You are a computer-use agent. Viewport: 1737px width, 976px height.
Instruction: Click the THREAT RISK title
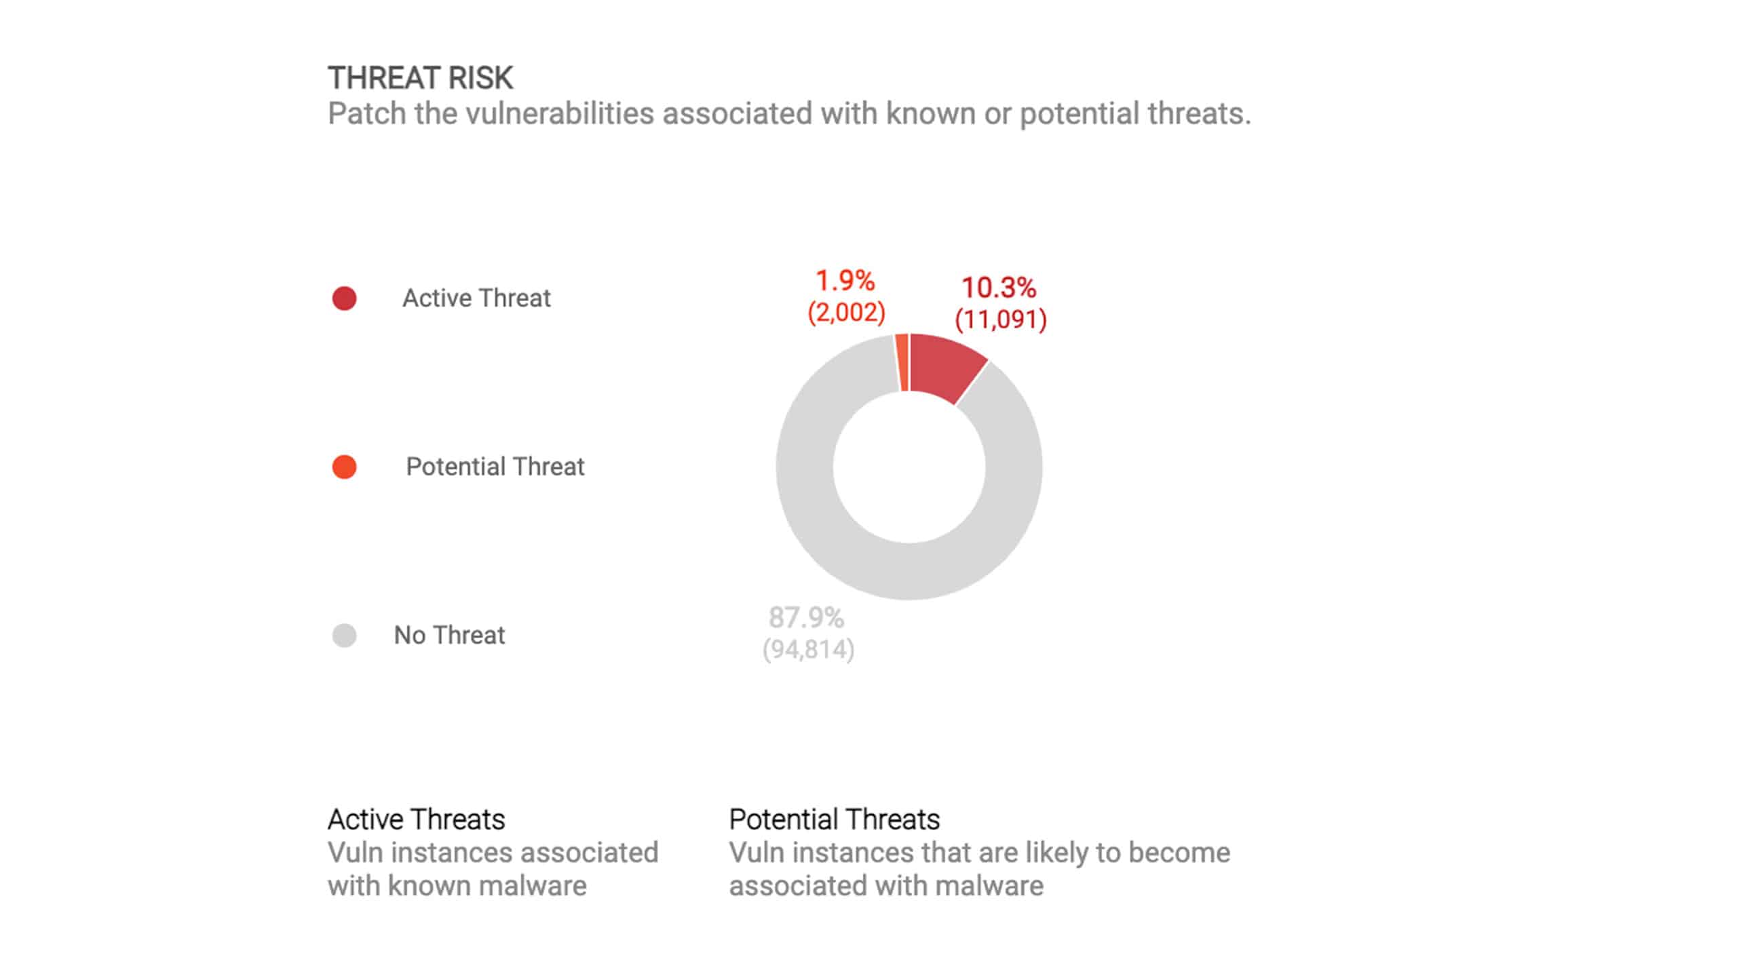pos(420,78)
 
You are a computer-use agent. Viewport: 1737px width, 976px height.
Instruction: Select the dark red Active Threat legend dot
pos(344,298)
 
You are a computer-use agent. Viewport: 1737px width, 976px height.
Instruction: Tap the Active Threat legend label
pos(476,298)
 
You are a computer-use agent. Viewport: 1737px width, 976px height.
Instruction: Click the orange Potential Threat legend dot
pos(344,467)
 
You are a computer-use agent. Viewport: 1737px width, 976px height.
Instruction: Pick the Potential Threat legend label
pos(495,467)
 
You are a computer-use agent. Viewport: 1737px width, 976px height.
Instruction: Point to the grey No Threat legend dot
pos(344,636)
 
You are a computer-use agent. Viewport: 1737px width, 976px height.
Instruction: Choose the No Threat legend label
pos(449,636)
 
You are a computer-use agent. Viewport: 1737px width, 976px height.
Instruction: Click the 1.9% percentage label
pos(845,280)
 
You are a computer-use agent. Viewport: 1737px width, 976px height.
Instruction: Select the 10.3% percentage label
pos(999,288)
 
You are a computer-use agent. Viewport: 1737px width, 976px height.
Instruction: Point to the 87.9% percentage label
pos(806,618)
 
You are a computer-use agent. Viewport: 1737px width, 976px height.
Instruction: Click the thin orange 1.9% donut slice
pos(902,363)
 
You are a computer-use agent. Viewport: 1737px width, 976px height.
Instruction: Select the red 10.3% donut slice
pos(944,367)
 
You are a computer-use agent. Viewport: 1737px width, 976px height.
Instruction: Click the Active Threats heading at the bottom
pos(416,819)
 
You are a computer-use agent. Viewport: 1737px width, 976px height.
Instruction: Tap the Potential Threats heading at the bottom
pos(834,819)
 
